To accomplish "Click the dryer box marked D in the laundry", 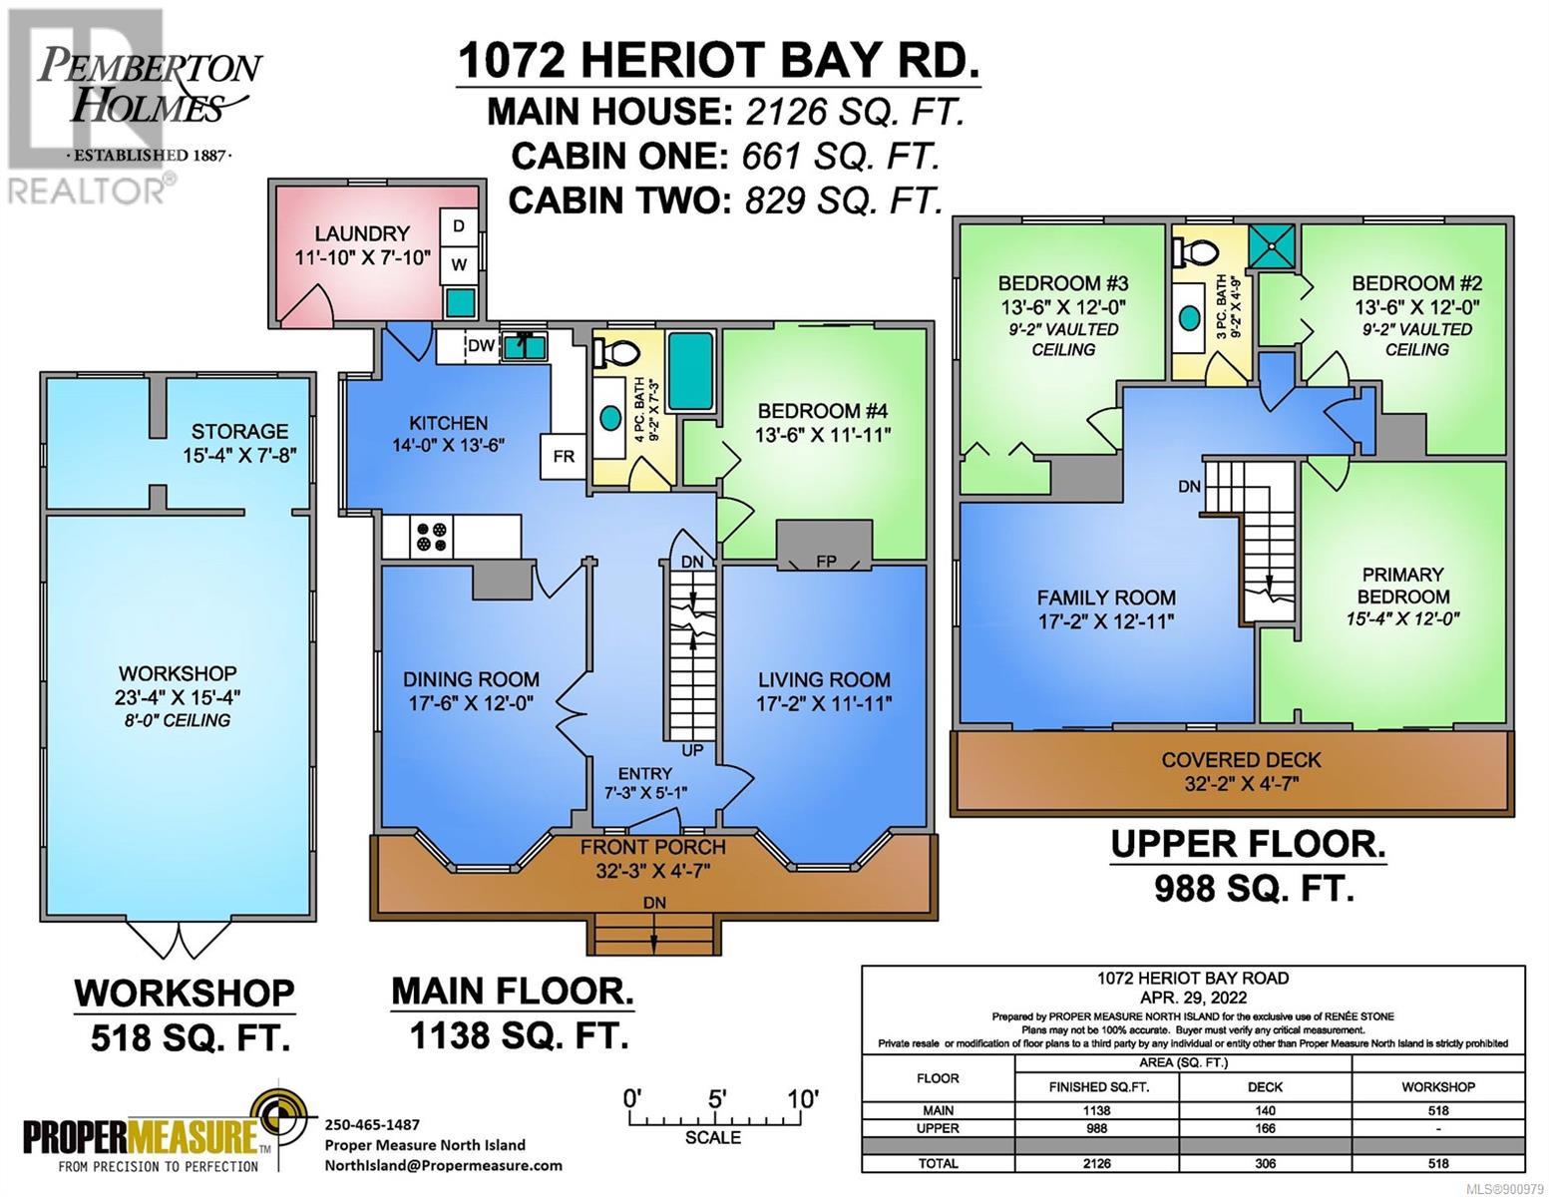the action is (459, 226).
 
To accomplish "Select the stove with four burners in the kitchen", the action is (432, 537).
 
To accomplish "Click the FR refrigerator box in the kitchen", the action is (564, 456).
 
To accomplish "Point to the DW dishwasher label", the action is (482, 346).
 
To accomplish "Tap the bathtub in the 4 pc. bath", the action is (691, 371).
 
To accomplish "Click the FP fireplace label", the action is (826, 561).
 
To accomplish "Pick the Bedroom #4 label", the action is (822, 411).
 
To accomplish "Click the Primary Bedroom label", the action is (1402, 586).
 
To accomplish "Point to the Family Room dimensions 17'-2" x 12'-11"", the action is (1105, 621).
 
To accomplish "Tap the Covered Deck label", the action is (1241, 760).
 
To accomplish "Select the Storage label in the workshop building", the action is (239, 431).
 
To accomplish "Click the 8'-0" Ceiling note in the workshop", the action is (178, 720).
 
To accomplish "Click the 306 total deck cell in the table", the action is (1265, 1163).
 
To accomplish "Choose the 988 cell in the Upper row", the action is (1096, 1128).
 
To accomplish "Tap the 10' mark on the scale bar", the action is (803, 1098).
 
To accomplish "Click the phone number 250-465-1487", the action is (372, 1124).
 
